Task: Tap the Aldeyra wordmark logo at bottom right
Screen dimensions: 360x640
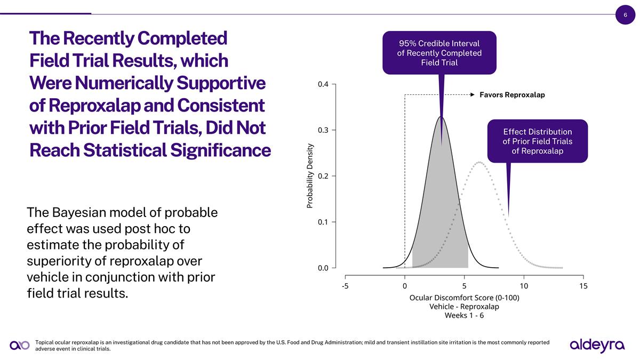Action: coord(597,345)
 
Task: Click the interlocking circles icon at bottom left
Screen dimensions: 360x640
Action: coord(20,346)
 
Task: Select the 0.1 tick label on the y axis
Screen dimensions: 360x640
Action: coord(324,222)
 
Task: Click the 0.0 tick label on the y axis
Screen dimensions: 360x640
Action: coord(324,268)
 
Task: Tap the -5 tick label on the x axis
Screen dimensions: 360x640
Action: coord(345,286)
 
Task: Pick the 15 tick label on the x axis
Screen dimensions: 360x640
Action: coord(583,286)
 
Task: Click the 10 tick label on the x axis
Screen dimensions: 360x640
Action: coord(524,286)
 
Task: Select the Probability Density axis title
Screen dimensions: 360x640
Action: coord(310,176)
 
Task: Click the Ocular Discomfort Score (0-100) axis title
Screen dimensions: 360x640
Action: coord(464,298)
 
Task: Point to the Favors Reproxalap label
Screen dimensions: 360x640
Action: coord(512,95)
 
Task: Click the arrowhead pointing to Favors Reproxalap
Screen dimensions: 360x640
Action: coord(473,95)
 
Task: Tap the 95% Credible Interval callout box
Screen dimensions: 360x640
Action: coord(439,52)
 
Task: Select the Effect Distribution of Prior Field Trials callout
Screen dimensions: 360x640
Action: coord(537,141)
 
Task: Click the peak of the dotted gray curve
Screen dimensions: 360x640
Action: coord(480,162)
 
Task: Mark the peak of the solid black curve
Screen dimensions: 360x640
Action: coord(441,117)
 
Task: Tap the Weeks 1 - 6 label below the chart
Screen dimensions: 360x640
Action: coord(464,315)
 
